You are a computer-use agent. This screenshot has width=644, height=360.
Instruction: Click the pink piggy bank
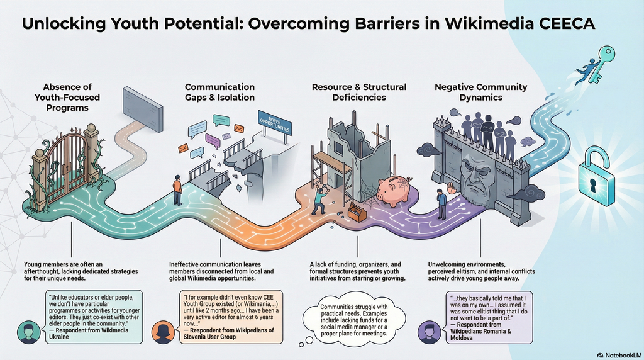coord(394,191)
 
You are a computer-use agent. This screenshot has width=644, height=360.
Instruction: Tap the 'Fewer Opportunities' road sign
coord(274,122)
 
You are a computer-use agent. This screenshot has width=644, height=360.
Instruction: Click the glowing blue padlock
coord(597,175)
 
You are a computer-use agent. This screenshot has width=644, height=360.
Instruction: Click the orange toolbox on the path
coord(357,213)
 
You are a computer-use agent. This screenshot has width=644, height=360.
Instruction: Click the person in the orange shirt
coord(177,190)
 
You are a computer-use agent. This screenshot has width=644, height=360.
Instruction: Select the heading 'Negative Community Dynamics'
coord(480,92)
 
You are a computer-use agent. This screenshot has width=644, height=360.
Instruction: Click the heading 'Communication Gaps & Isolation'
coord(219,92)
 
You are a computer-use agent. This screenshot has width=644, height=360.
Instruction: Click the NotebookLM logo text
coord(619,355)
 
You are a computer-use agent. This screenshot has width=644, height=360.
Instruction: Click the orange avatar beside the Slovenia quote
coord(164,332)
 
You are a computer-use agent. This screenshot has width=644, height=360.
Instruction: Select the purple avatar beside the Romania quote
coord(429,331)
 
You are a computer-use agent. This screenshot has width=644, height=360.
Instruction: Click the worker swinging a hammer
coord(319,197)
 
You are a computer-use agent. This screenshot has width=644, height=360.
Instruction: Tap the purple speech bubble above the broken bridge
coord(213,140)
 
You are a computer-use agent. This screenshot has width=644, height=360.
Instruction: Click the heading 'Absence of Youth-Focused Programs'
coord(67,98)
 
